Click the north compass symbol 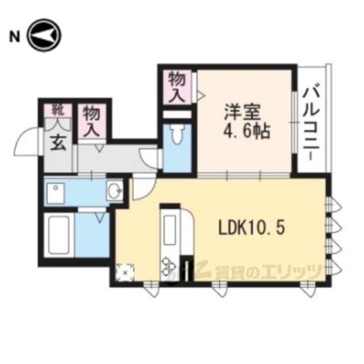(x=44, y=35)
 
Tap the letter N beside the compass (x=14, y=36)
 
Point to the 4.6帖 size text (x=246, y=132)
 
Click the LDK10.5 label (x=251, y=227)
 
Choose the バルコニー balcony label (x=311, y=124)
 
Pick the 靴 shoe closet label (x=58, y=110)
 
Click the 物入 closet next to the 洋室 (x=177, y=87)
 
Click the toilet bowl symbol (x=177, y=134)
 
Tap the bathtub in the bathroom (x=59, y=235)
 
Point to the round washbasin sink (x=114, y=191)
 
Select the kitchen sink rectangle (x=170, y=230)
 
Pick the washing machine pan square (x=56, y=193)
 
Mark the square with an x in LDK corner (x=125, y=272)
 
